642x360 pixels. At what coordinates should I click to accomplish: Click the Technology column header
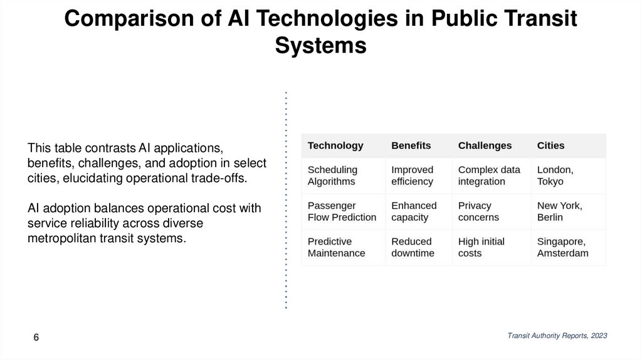pyautogui.click(x=335, y=146)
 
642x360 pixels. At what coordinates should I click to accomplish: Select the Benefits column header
pyautogui.click(x=411, y=146)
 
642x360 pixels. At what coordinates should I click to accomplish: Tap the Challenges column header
pyautogui.click(x=485, y=146)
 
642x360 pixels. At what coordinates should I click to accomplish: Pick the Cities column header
pyautogui.click(x=550, y=146)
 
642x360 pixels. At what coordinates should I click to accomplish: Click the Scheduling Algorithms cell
pyautogui.click(x=332, y=176)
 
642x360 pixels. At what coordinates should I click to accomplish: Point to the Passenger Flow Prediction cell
pyautogui.click(x=342, y=211)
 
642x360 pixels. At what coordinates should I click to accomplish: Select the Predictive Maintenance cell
pyautogui.click(x=337, y=247)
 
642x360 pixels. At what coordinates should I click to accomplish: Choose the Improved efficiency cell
pyautogui.click(x=412, y=176)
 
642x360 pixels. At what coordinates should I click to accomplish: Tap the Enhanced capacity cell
pyautogui.click(x=414, y=211)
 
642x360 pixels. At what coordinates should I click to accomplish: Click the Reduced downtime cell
pyautogui.click(x=413, y=247)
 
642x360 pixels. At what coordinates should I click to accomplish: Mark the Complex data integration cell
pyautogui.click(x=489, y=176)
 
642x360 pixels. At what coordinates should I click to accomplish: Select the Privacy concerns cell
pyautogui.click(x=478, y=211)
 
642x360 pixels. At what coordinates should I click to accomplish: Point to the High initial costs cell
pyautogui.click(x=481, y=247)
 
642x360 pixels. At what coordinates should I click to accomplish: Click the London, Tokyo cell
pyautogui.click(x=555, y=176)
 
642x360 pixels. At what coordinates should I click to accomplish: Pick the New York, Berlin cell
pyautogui.click(x=559, y=211)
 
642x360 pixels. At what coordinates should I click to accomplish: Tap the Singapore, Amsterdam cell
pyautogui.click(x=562, y=247)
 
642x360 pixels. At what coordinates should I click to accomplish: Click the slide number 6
pyautogui.click(x=36, y=338)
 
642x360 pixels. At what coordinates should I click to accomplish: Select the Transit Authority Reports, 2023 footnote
pyautogui.click(x=557, y=336)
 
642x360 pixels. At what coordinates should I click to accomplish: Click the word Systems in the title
pyautogui.click(x=320, y=45)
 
